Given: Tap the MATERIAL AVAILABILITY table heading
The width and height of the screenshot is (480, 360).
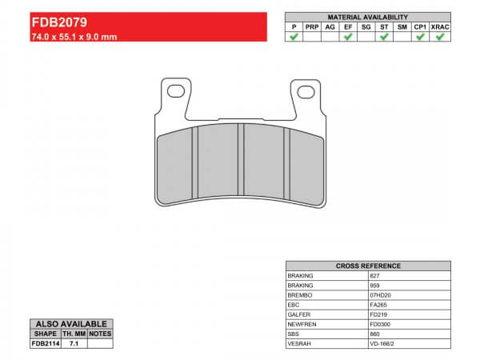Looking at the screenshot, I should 367,17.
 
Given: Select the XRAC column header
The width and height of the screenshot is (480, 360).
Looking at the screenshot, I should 438,26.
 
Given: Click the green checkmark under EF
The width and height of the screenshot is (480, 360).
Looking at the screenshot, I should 348,37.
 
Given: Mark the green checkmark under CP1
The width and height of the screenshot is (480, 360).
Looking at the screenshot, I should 420,37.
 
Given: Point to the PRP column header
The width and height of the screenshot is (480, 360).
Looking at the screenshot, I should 312,26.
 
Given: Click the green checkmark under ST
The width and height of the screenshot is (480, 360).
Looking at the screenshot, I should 384,37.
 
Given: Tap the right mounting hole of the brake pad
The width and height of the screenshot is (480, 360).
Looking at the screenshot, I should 306,92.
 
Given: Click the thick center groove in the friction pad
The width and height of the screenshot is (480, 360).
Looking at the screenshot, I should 240,167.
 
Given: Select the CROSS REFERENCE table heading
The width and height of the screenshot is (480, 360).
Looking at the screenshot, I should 367,266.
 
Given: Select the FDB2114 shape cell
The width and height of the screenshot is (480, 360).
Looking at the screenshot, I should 46,343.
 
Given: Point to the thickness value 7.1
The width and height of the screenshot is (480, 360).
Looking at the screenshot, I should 74,343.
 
